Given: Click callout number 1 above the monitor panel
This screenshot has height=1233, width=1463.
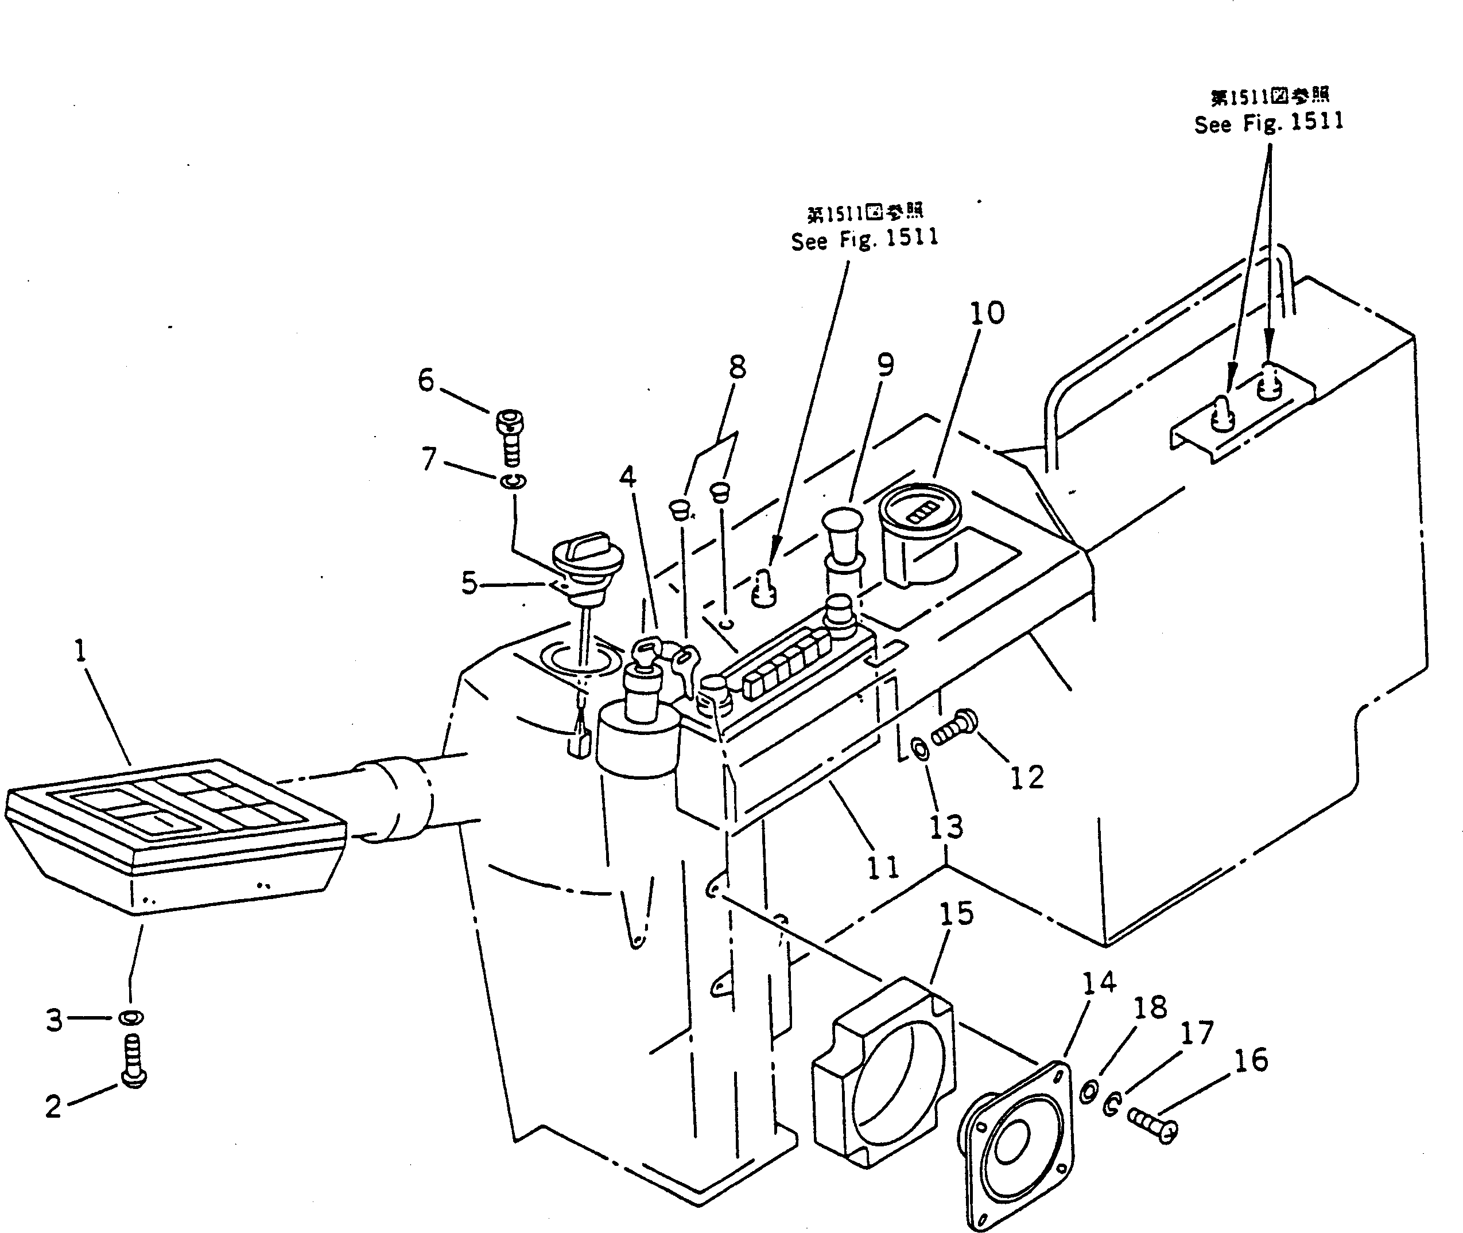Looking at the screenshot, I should (81, 651).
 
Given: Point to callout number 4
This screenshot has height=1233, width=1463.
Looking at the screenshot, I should (627, 477).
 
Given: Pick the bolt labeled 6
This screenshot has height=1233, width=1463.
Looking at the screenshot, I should (510, 436).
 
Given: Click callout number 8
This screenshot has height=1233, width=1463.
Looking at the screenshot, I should (737, 367).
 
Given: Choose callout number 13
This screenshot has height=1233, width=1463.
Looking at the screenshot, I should (945, 827).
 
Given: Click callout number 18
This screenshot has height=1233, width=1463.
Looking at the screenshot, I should (1150, 1008).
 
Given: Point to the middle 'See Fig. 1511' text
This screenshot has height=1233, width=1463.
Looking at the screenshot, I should (864, 239).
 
